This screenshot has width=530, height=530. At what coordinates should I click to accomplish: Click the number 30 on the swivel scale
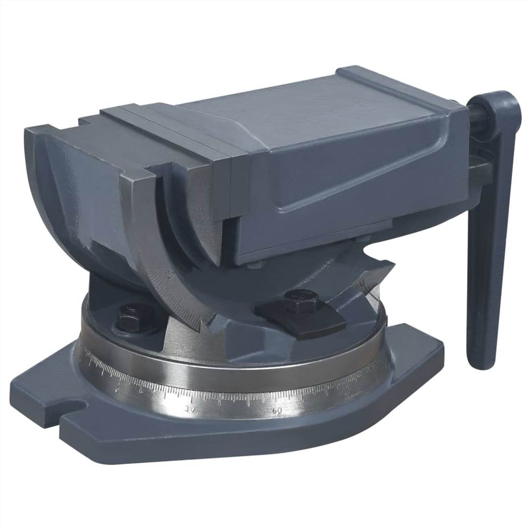click(190, 409)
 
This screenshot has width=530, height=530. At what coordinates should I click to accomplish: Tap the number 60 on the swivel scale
click(276, 411)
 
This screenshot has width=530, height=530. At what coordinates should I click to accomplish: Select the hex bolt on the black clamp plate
click(301, 301)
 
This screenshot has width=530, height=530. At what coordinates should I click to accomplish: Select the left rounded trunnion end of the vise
click(58, 175)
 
